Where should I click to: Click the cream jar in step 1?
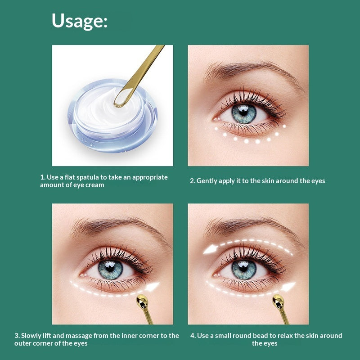click(112, 116)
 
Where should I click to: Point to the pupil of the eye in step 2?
click(243, 112)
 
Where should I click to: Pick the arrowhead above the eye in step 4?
click(211, 249)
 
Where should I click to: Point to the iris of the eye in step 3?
click(110, 269)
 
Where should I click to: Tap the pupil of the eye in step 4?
click(243, 268)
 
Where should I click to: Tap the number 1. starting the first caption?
click(43, 177)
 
